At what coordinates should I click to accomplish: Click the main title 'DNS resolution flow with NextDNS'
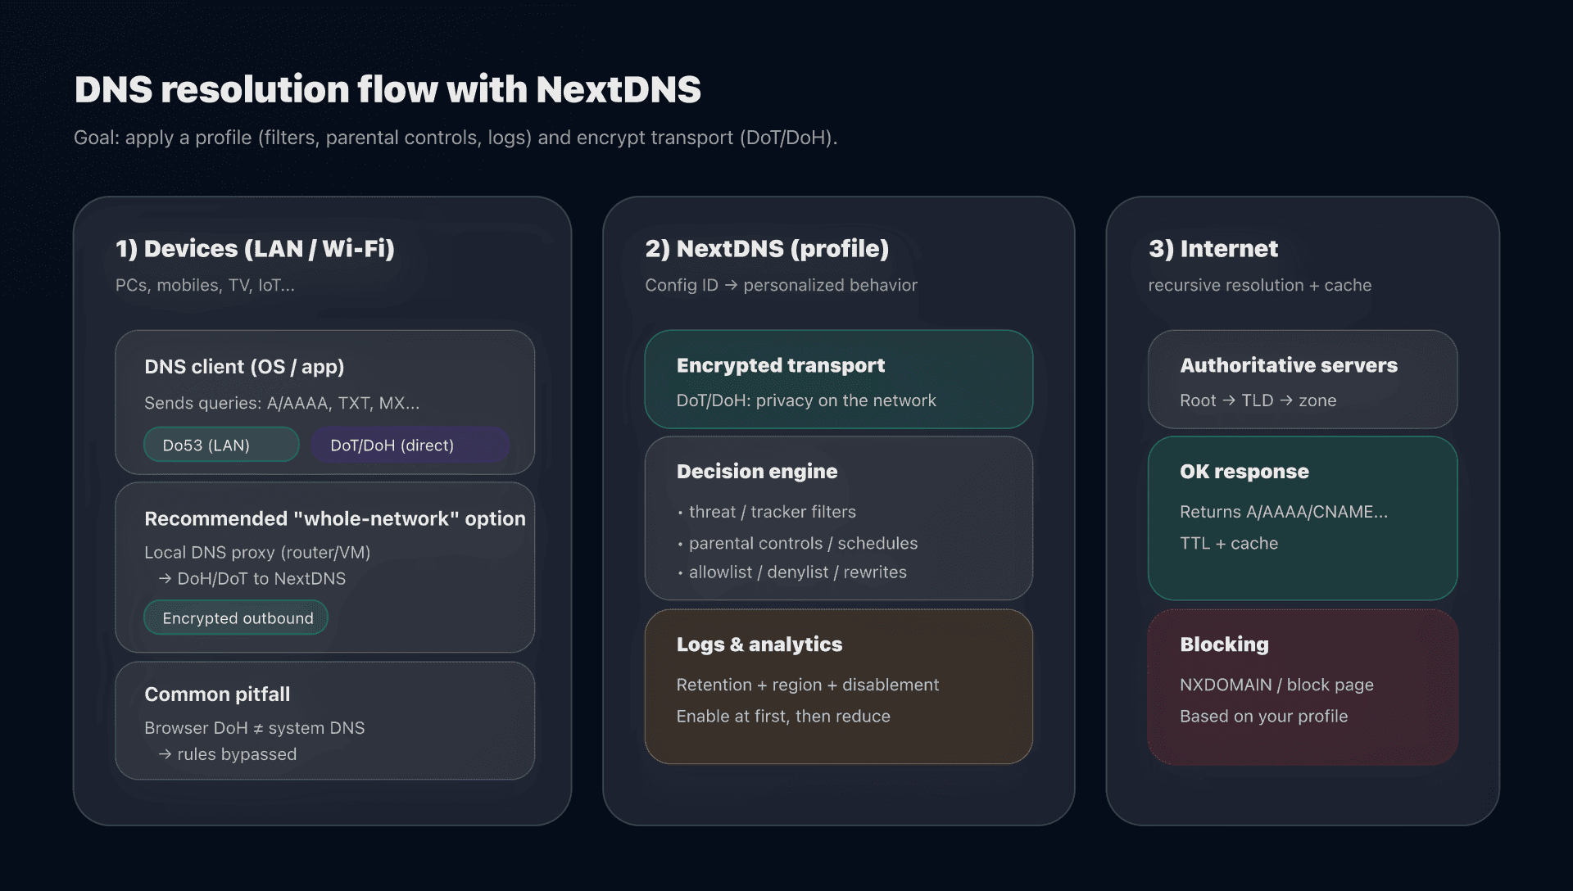(x=388, y=89)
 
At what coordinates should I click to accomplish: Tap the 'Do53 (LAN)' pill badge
(x=221, y=445)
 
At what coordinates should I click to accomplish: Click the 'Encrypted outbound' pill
(x=237, y=617)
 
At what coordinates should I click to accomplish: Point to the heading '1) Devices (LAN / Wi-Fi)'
(x=255, y=248)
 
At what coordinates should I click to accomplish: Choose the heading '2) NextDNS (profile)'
(x=767, y=248)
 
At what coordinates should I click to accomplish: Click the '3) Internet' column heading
(x=1213, y=248)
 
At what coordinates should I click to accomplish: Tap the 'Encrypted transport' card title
(x=780, y=365)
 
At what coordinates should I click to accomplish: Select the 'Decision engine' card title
(x=756, y=471)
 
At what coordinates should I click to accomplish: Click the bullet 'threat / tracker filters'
(x=772, y=512)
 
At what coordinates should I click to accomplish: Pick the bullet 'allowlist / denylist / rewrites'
(x=797, y=572)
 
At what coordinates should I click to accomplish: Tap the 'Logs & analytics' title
(x=759, y=645)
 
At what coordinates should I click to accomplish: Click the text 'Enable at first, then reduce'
(x=782, y=716)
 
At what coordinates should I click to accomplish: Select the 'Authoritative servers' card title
(x=1288, y=365)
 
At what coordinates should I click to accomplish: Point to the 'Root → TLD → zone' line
(x=1258, y=400)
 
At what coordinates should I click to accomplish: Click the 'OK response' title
(x=1244, y=471)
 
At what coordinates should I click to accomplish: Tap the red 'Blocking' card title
(x=1224, y=645)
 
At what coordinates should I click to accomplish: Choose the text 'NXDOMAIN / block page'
(x=1276, y=685)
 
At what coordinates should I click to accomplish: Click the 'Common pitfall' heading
(x=217, y=694)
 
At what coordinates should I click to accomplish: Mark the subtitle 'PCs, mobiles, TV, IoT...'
(x=205, y=285)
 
